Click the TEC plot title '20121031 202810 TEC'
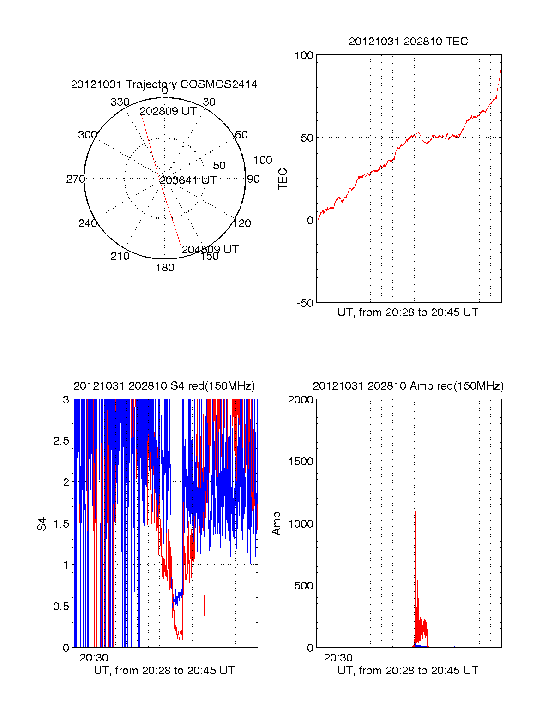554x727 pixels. [408, 42]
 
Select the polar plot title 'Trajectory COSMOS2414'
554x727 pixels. [164, 84]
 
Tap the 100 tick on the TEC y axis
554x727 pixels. [304, 56]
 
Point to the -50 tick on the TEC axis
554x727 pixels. [305, 303]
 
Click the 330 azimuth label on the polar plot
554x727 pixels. [120, 102]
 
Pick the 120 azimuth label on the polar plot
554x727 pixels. [242, 223]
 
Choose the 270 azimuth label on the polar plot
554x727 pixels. [75, 179]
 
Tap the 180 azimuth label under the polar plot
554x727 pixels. [165, 268]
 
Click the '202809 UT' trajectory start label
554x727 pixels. [168, 111]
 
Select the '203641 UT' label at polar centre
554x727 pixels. [188, 180]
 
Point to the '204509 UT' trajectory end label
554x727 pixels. [210, 250]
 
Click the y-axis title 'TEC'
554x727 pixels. [283, 179]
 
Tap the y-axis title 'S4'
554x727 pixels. [42, 524]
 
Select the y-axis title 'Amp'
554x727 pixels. [277, 523]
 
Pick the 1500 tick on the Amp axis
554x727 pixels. [301, 462]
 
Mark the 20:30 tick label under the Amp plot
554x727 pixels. [338, 658]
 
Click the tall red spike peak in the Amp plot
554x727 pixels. [415, 511]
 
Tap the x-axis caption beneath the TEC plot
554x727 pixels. [408, 312]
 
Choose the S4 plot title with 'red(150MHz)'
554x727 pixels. [164, 386]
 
